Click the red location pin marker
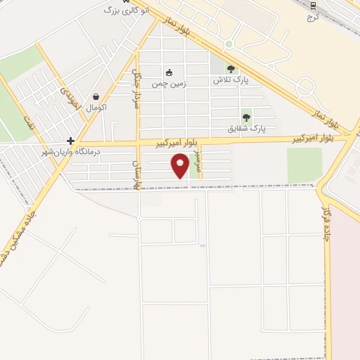[181, 167]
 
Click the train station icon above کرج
[313, 5]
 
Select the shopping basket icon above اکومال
[96, 97]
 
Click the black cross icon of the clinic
[70, 141]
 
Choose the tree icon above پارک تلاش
[231, 68]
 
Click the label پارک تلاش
[232, 80]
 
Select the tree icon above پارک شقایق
[246, 117]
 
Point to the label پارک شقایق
[246, 129]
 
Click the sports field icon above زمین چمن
[169, 72]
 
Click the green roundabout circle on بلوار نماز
[229, 44]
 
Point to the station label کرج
[313, 15]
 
